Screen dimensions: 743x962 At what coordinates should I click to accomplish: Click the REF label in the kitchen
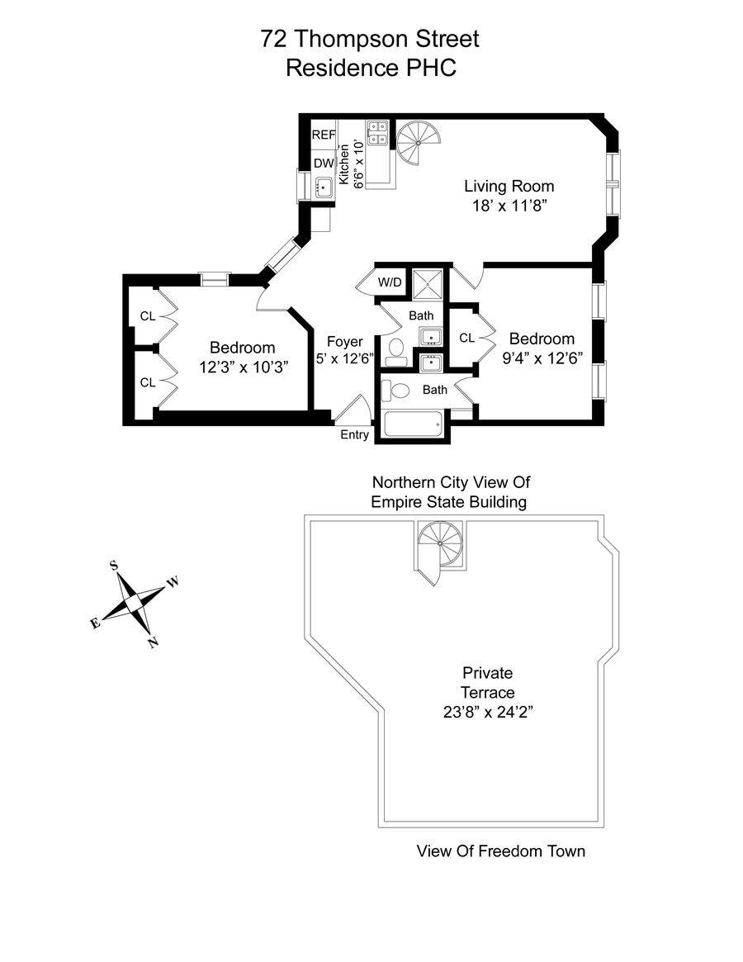click(323, 135)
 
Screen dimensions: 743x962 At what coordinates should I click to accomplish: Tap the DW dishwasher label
click(323, 163)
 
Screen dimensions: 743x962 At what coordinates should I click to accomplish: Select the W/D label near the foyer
click(389, 282)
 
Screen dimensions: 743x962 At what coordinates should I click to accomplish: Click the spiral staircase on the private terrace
click(441, 545)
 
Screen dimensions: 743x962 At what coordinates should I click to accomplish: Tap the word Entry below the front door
click(355, 435)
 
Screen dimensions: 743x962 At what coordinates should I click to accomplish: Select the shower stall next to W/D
click(428, 283)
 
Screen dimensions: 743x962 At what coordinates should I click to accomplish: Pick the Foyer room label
click(344, 342)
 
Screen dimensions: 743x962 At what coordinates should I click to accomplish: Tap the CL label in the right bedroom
click(466, 338)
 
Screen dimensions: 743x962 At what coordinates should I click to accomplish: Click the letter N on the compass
click(153, 643)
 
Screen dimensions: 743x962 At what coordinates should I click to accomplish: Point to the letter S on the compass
click(114, 566)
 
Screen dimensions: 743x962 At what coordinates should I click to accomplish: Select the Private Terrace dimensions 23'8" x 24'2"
click(487, 712)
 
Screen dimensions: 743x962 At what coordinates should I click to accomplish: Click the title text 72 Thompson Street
click(370, 39)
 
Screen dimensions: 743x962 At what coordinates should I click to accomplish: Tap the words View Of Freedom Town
click(500, 851)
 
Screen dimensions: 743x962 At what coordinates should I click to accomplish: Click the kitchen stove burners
click(378, 133)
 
